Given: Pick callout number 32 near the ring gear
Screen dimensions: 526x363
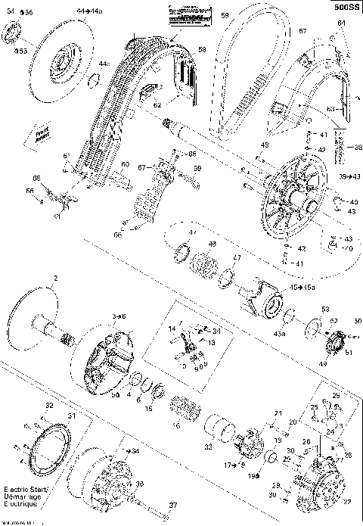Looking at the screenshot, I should (x=49, y=407).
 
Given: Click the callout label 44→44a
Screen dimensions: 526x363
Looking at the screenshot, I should (x=88, y=13).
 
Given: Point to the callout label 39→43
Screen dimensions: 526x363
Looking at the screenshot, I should (x=349, y=176).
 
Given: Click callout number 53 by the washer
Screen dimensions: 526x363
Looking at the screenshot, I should (x=325, y=310).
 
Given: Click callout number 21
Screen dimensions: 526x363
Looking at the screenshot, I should (x=278, y=413).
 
